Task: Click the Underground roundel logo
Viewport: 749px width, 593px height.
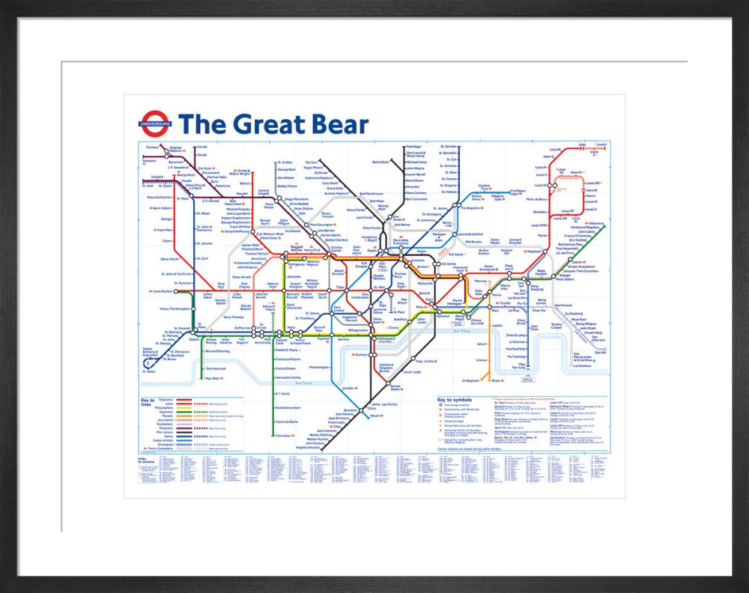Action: pos(156,124)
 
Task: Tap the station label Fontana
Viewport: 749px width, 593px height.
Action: pos(152,147)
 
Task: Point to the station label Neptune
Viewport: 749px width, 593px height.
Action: pos(472,380)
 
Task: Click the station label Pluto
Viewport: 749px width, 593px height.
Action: pos(497,380)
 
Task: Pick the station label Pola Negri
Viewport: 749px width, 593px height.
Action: pos(414,146)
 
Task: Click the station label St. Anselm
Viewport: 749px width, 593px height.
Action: pos(449,146)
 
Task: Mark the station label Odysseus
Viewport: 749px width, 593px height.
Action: pos(596,223)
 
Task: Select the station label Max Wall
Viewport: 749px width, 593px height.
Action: pos(212,378)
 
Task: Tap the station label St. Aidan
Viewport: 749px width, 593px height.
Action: pos(149,371)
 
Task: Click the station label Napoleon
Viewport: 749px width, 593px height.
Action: pos(534,252)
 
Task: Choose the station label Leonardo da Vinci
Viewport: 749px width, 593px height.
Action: pos(469,235)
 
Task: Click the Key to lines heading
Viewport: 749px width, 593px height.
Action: pos(148,401)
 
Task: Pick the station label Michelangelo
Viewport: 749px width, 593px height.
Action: pos(319,367)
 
